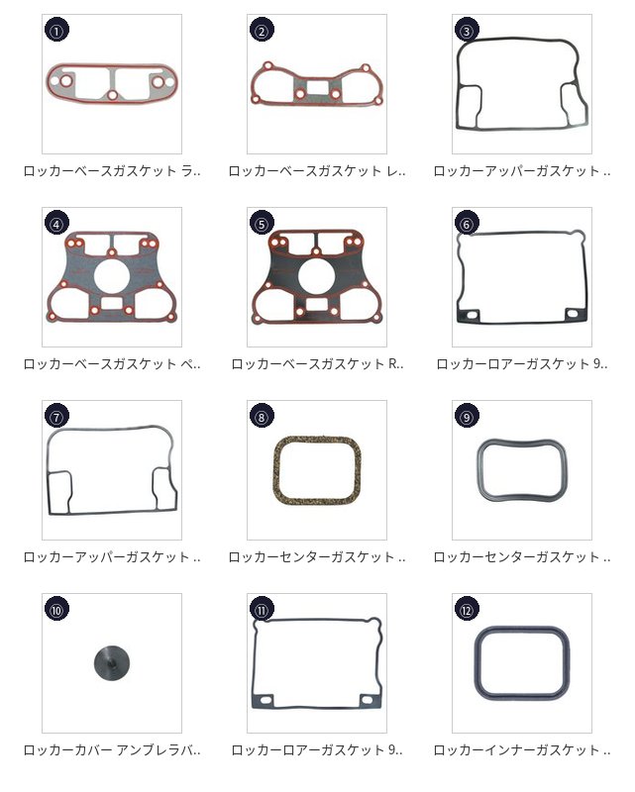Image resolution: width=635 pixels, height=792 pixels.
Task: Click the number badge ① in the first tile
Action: pyautogui.click(x=57, y=31)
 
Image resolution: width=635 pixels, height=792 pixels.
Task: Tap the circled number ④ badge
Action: pyautogui.click(x=57, y=224)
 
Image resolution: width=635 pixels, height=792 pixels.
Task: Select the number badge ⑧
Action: pyautogui.click(x=262, y=416)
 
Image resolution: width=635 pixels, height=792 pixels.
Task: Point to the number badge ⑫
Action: pyautogui.click(x=467, y=610)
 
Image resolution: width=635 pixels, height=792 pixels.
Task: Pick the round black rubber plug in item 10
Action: pyautogui.click(x=112, y=662)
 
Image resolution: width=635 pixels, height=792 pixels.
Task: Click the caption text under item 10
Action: pyautogui.click(x=112, y=750)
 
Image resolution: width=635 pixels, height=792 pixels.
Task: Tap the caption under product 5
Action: pyautogui.click(x=317, y=363)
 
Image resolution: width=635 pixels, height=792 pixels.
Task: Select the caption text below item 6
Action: pyautogui.click(x=522, y=363)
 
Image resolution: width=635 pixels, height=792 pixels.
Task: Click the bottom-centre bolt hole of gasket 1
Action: pyautogui.click(x=113, y=94)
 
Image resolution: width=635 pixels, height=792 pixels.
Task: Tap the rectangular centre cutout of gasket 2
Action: pyautogui.click(x=317, y=87)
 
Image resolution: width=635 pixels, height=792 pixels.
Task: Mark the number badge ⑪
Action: pyautogui.click(x=262, y=610)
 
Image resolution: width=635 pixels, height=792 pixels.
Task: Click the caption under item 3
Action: pyautogui.click(x=522, y=170)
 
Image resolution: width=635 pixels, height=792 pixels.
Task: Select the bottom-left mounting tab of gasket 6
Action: pyautogui.click(x=472, y=315)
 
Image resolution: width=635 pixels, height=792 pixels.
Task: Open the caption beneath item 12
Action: pyautogui.click(x=522, y=750)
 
